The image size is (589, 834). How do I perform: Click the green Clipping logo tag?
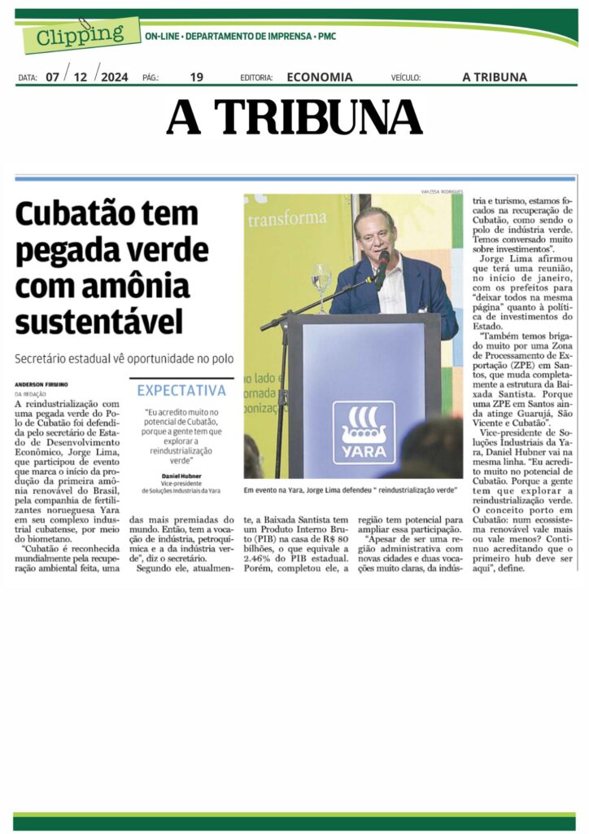77,35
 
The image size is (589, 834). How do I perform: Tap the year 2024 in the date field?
115,77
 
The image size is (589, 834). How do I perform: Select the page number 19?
196,77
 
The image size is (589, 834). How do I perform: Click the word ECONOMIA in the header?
320,77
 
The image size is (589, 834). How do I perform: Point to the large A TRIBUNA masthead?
294,117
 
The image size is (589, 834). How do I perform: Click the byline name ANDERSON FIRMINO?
41,384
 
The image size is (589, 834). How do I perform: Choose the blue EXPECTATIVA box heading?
181,391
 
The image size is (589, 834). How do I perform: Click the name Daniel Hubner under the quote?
181,474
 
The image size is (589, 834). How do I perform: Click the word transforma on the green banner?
287,220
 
